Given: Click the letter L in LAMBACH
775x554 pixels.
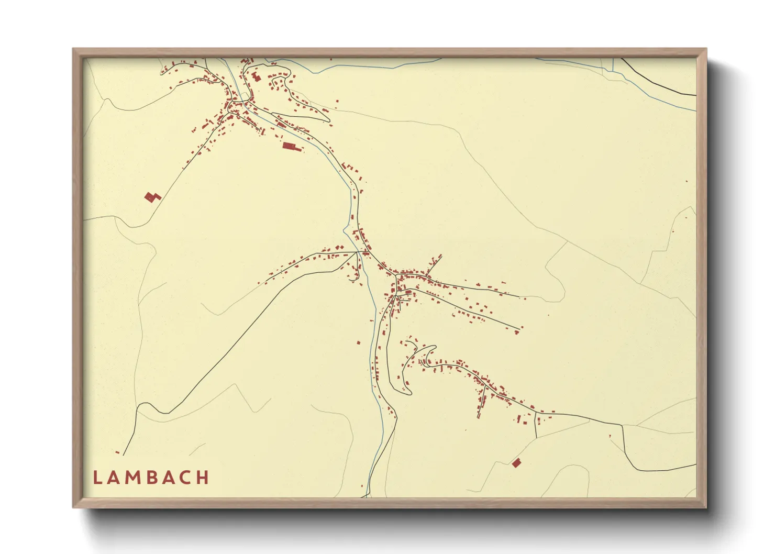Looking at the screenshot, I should tap(97, 478).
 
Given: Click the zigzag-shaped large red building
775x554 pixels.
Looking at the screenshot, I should tap(152, 197).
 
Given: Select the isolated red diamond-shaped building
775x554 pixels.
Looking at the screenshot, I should tap(517, 462).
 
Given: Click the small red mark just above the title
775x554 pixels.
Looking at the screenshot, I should tap(117, 452).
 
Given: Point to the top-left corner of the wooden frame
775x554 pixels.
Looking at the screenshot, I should tap(73, 49).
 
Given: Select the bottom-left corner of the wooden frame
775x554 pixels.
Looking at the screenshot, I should tap(73, 507).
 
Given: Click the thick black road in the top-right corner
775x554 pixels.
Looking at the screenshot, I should tap(655, 84).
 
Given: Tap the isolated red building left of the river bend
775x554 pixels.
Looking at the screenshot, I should tap(359, 342).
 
